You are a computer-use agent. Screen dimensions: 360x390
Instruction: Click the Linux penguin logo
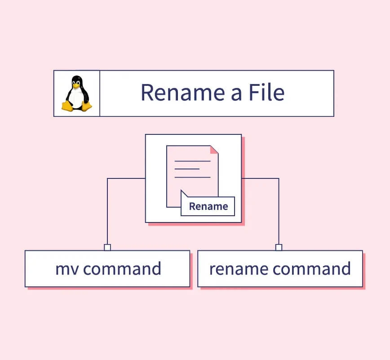pyautogui.click(x=76, y=93)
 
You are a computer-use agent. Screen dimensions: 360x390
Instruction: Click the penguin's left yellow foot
pyautogui.click(x=67, y=106)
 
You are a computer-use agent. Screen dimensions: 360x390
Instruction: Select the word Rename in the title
pyautogui.click(x=178, y=93)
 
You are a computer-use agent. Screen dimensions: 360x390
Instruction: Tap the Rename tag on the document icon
pyautogui.click(x=208, y=207)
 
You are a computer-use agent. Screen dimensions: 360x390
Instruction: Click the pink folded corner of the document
pyautogui.click(x=214, y=149)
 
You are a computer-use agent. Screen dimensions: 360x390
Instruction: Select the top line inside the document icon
pyautogui.click(x=192, y=161)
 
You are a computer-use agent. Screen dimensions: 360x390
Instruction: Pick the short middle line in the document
pyautogui.click(x=187, y=169)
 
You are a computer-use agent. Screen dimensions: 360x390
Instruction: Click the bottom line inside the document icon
pyautogui.click(x=192, y=177)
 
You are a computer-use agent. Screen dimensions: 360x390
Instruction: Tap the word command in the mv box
pyautogui.click(x=122, y=269)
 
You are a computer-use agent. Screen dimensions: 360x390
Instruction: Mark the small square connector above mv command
pyautogui.click(x=107, y=247)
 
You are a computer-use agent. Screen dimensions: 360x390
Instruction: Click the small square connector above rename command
pyautogui.click(x=279, y=247)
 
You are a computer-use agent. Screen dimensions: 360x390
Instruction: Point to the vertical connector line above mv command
pyautogui.click(x=107, y=211)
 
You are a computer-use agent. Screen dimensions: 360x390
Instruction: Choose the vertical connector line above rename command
pyautogui.click(x=279, y=211)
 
